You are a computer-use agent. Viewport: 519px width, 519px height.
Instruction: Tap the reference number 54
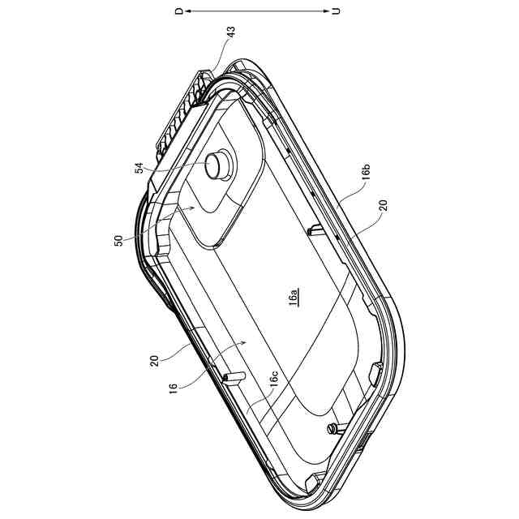[139, 168]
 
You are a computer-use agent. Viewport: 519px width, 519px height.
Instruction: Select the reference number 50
[118, 240]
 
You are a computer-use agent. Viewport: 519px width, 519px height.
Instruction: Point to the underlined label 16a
[294, 297]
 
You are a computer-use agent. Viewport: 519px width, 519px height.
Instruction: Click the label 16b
[366, 171]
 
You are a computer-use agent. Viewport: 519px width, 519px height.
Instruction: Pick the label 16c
[274, 379]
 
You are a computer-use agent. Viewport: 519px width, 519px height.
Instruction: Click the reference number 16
[173, 388]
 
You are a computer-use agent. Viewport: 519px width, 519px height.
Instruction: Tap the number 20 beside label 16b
[383, 205]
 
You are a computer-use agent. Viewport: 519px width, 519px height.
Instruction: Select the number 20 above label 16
[154, 361]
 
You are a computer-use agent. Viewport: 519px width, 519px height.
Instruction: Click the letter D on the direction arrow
[179, 11]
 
